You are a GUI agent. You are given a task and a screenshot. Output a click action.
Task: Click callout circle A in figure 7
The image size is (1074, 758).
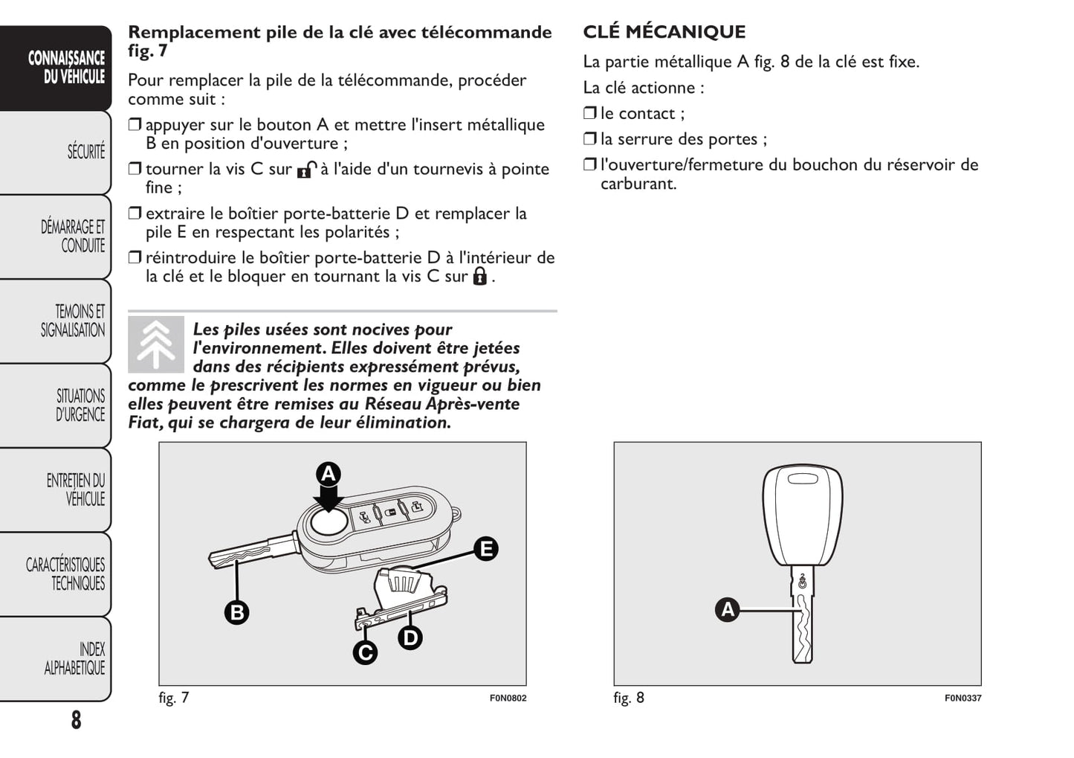click(x=329, y=474)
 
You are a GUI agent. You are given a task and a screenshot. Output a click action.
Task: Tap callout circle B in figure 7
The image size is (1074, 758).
click(x=237, y=612)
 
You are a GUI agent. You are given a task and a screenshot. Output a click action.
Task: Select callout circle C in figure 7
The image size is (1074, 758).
click(x=365, y=652)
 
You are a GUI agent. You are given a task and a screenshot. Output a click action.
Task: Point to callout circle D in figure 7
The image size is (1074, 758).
click(x=410, y=637)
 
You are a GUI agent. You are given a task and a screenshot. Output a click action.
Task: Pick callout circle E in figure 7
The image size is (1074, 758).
click(x=486, y=549)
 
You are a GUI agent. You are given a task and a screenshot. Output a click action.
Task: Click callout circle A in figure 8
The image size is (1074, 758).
click(x=727, y=610)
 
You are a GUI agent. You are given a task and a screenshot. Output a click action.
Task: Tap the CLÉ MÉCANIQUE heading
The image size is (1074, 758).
click(x=664, y=32)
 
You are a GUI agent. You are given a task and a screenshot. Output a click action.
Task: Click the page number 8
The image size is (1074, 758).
click(x=76, y=720)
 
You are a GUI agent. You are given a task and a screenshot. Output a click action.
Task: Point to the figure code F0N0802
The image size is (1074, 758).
click(x=508, y=698)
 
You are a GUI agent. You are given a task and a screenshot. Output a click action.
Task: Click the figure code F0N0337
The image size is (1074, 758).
click(x=963, y=698)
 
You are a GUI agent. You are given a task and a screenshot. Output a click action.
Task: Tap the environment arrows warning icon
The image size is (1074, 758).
click(x=156, y=344)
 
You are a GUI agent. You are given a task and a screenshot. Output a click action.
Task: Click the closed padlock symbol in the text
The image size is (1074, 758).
click(x=480, y=277)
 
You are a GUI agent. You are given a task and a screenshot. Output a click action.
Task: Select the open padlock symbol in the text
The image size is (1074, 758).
click(x=306, y=170)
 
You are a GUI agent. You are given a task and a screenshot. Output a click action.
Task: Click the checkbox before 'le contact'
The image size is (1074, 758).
click(x=590, y=113)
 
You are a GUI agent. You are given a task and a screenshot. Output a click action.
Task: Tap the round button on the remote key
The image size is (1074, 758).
click(x=328, y=522)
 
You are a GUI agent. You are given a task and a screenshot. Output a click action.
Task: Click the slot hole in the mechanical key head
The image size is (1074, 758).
click(x=803, y=478)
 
